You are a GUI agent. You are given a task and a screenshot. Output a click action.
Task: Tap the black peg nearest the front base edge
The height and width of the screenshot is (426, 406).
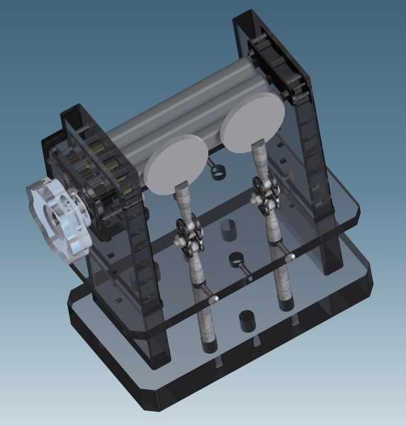coord(247,320)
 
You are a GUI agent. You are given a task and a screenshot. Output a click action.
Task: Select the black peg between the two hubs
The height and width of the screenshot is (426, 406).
coord(228,230)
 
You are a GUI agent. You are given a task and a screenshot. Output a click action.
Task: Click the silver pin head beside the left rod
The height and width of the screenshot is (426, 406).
coord(213,301)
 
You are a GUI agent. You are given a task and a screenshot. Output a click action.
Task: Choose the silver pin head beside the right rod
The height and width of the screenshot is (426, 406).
coord(290,257)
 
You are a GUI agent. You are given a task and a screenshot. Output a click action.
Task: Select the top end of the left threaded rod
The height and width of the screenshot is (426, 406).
coord(183,186)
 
